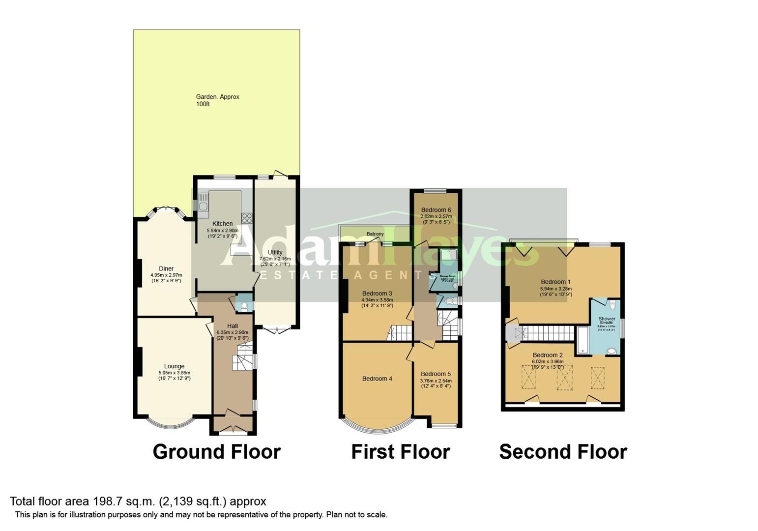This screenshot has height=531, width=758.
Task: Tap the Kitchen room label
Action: (222, 224)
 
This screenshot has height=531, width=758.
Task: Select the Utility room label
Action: (275, 252)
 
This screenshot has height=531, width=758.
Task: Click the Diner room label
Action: (166, 268)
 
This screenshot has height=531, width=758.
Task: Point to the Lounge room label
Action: (174, 366)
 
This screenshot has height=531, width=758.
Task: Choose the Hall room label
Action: (233, 326)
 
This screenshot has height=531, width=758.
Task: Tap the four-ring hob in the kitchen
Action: (247, 217)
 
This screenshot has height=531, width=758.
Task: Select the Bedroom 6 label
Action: (436, 210)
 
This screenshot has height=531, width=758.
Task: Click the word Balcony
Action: (375, 234)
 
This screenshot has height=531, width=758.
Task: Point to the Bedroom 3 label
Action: (377, 294)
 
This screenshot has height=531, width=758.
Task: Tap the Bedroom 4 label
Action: (377, 379)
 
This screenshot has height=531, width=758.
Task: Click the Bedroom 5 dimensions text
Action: (436, 383)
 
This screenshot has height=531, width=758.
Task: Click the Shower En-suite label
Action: (607, 321)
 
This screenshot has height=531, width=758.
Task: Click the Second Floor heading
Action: (563, 451)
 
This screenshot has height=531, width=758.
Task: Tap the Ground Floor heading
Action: (216, 451)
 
